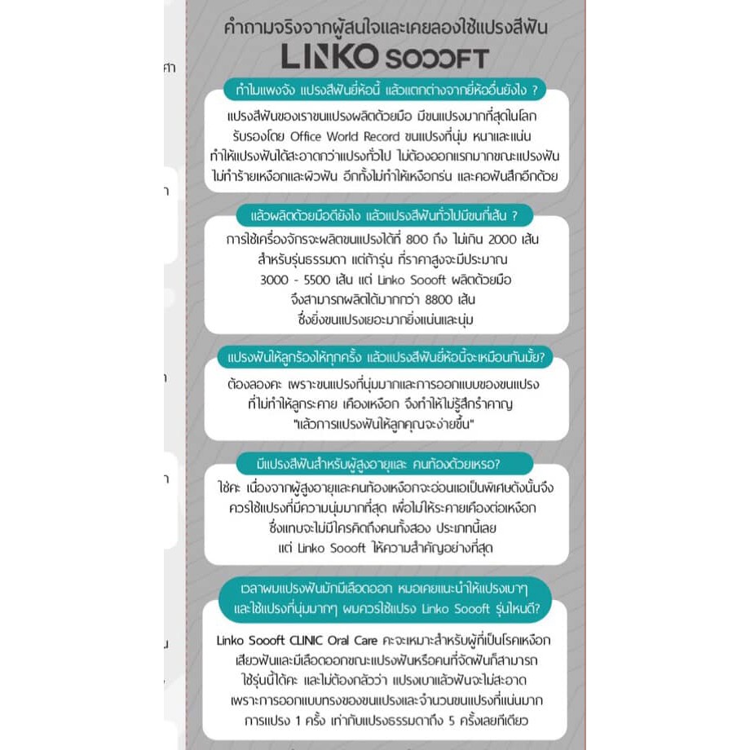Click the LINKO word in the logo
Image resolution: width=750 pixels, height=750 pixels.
329,56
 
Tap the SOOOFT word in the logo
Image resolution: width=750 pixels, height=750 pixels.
436,58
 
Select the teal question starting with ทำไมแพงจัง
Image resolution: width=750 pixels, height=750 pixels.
385,89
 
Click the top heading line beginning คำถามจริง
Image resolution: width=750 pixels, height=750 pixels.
385,27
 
